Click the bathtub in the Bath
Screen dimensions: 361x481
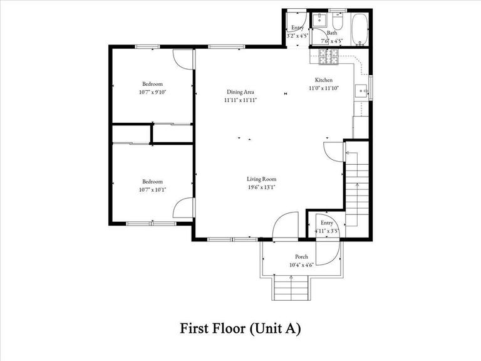(x=359, y=29)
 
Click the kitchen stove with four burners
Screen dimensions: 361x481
(x=329, y=59)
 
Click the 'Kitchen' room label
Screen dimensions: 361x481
(x=323, y=80)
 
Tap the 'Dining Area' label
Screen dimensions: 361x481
(x=240, y=92)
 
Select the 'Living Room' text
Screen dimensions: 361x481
(x=261, y=179)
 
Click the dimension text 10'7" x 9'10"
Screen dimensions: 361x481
(x=152, y=92)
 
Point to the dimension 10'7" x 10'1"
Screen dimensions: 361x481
(x=152, y=189)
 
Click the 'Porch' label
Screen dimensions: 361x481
(x=301, y=257)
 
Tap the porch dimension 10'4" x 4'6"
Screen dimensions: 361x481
(x=301, y=265)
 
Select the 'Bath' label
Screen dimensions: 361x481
(x=331, y=33)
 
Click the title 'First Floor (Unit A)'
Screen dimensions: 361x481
(x=240, y=328)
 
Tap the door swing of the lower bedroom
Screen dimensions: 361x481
(x=182, y=208)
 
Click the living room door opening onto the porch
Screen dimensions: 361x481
(x=286, y=225)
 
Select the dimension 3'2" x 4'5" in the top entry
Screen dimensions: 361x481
(x=297, y=36)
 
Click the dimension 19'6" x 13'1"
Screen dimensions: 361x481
(x=261, y=187)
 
